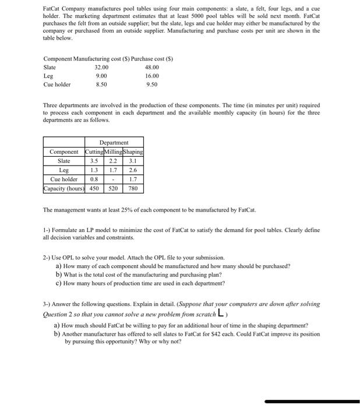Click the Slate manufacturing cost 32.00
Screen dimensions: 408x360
101,67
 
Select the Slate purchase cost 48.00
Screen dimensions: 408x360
151,67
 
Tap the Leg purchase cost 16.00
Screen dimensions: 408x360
151,76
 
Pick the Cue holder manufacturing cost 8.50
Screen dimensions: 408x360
101,84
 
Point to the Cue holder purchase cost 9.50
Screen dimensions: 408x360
151,84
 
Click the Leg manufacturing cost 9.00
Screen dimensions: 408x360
101,76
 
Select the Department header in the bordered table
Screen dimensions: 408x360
114,142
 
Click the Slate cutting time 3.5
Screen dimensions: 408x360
93,161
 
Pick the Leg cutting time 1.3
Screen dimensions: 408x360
93,170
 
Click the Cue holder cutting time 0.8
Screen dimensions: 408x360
93,180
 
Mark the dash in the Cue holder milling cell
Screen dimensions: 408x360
114,180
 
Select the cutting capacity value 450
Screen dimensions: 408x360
93,189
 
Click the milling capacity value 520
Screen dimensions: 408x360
114,189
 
